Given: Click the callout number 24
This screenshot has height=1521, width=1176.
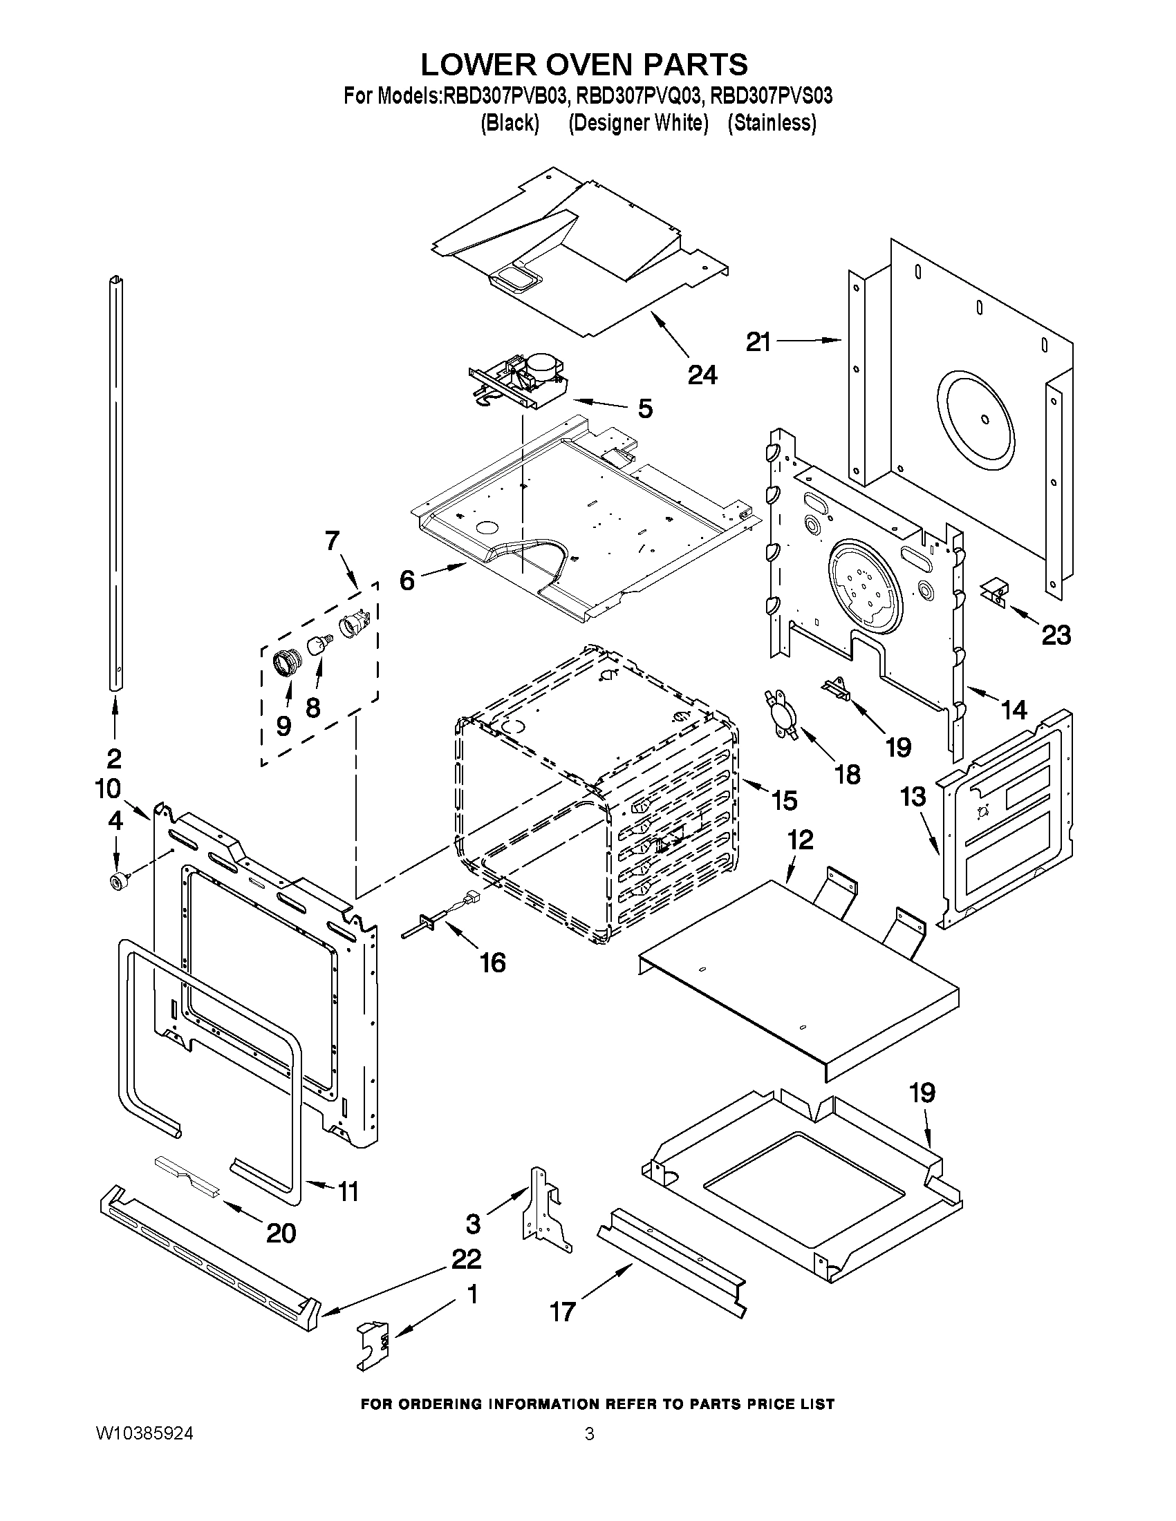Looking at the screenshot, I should (702, 375).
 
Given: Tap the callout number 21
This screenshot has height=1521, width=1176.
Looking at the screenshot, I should (758, 342).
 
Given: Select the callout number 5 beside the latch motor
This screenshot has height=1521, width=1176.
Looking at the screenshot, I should (645, 409).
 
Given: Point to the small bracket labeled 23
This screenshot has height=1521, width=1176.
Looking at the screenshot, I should (993, 594).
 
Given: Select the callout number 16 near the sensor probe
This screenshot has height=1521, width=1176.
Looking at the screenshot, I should (492, 963).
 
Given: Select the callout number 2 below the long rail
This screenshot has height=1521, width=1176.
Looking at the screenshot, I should (113, 757).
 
